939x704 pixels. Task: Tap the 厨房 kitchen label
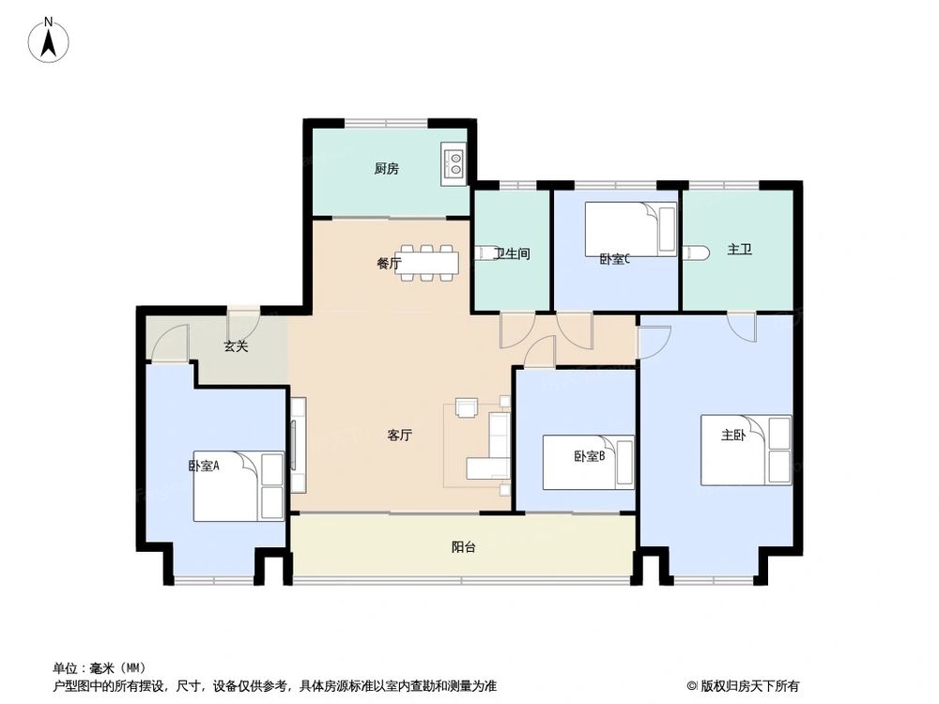(386, 169)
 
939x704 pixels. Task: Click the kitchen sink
(453, 165)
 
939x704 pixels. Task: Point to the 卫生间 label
(513, 253)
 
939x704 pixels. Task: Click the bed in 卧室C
(630, 228)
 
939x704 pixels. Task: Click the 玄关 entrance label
(236, 346)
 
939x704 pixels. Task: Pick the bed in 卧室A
(239, 486)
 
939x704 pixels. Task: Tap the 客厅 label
(400, 436)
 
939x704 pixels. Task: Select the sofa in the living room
(495, 449)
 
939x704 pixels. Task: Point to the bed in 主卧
(747, 451)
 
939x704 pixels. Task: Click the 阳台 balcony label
(463, 547)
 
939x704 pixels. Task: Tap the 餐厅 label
(389, 264)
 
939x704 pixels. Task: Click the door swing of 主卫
(742, 327)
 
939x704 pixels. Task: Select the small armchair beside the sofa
(466, 407)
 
